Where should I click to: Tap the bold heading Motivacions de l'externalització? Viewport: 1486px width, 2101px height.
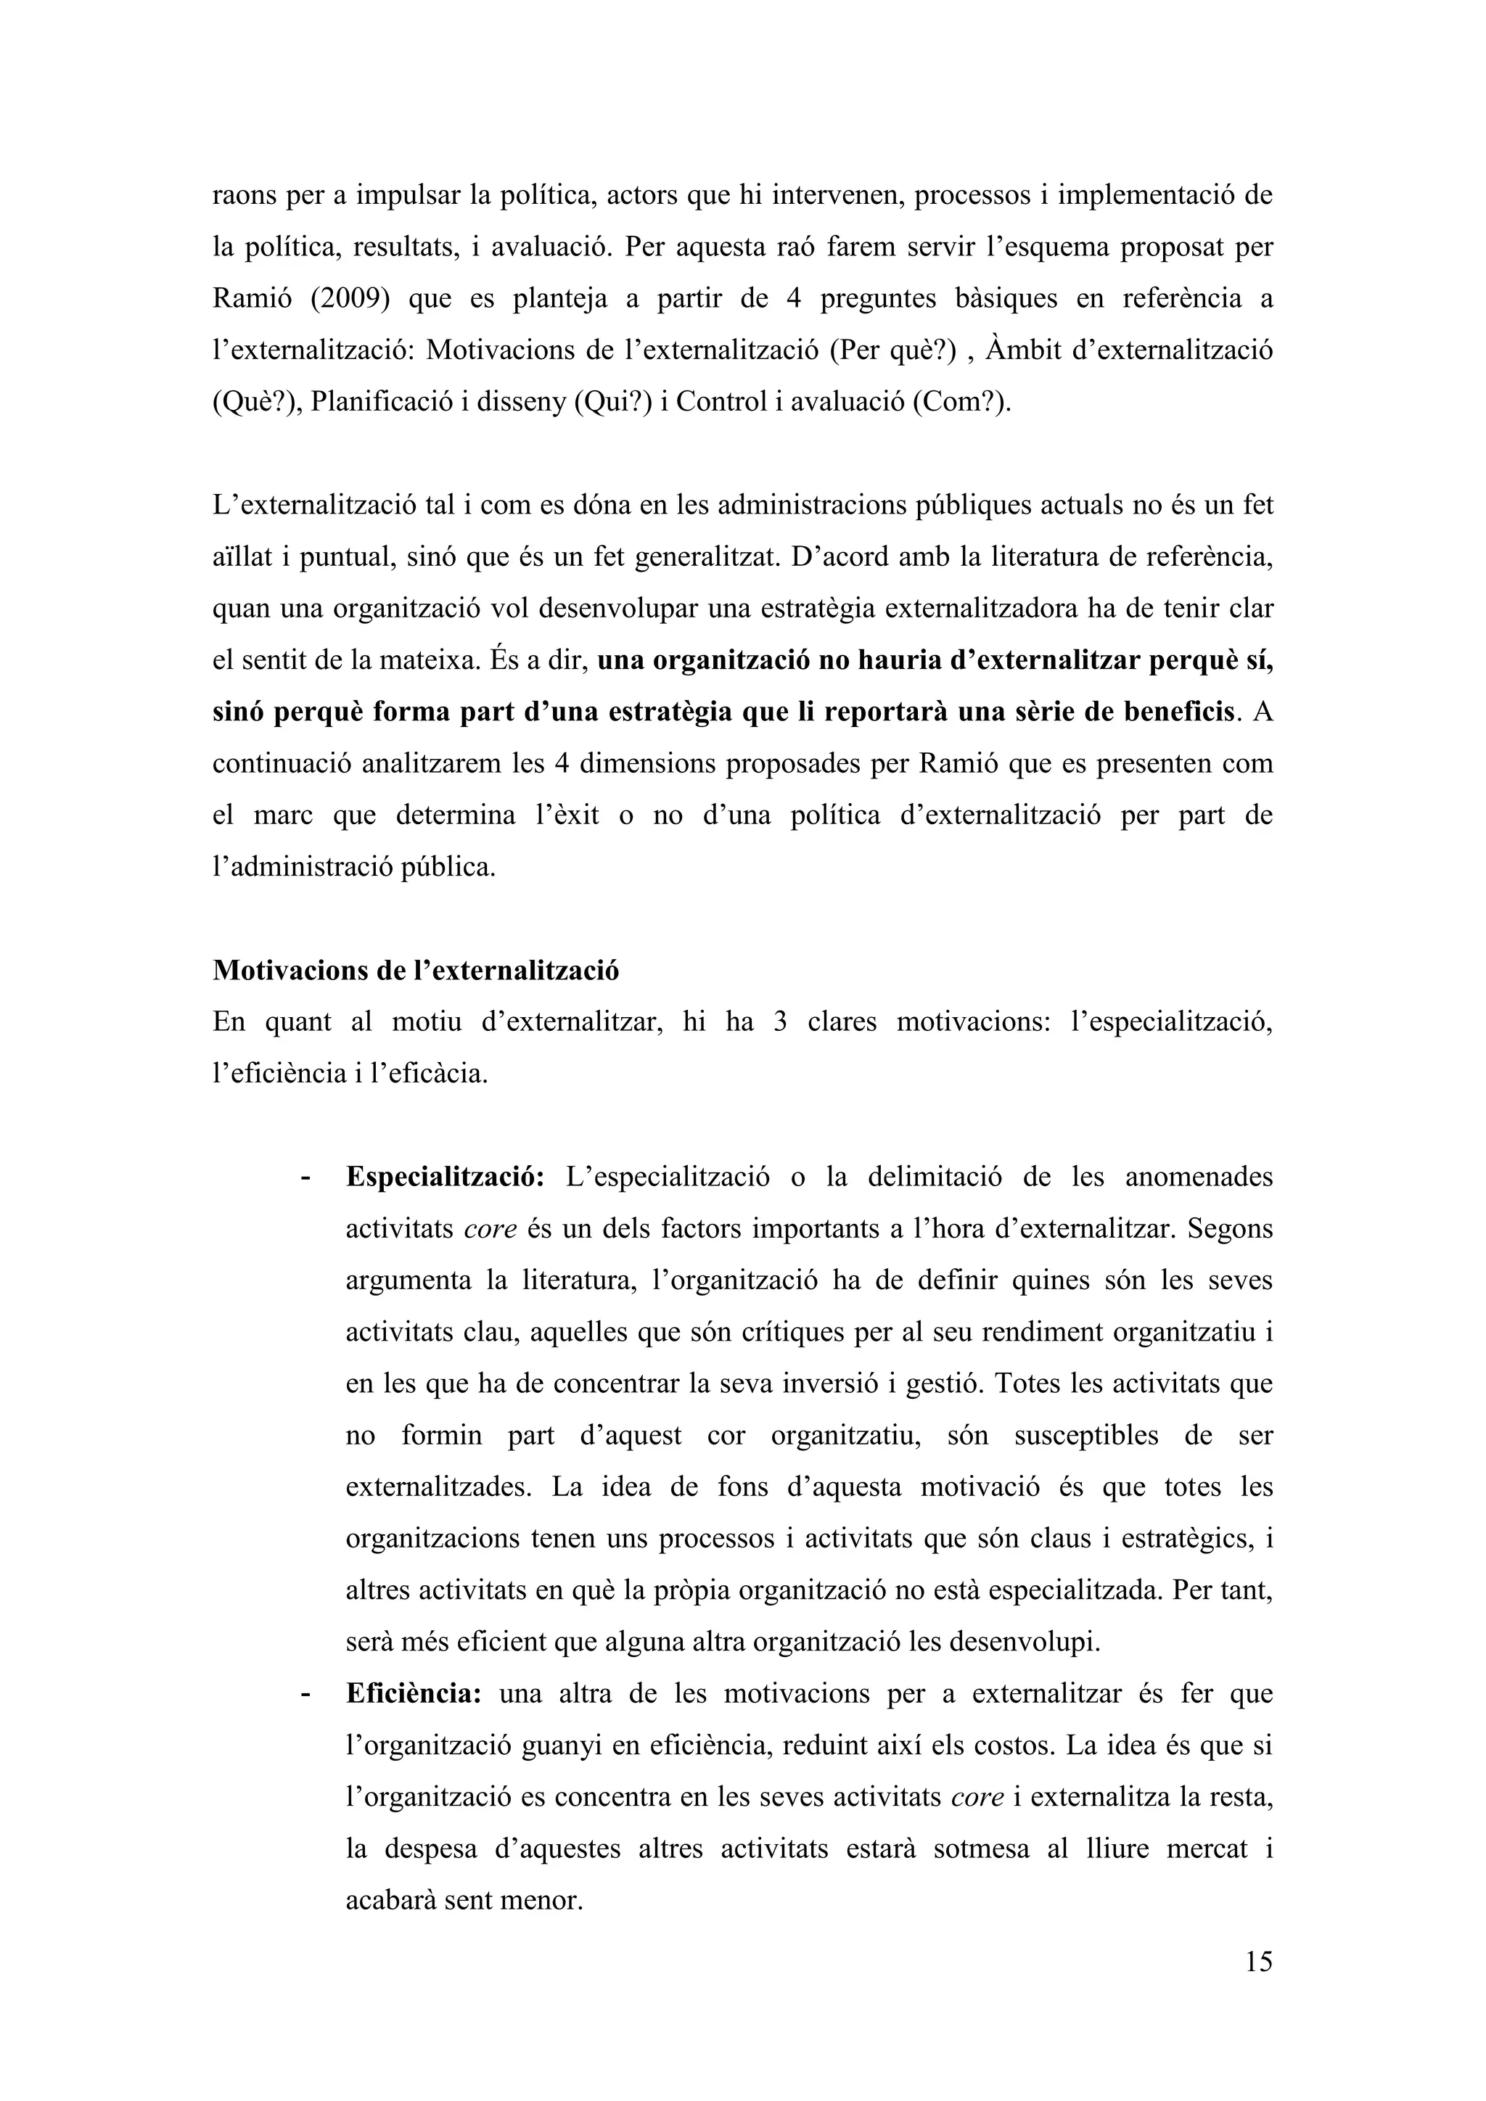[416, 970]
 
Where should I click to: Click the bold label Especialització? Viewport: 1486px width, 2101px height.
[445, 1177]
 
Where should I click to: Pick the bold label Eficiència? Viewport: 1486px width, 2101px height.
[413, 1694]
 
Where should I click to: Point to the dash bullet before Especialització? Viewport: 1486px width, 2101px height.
[305, 1177]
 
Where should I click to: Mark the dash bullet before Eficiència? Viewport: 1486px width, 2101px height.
[305, 1695]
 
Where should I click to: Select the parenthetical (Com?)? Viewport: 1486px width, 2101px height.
[963, 403]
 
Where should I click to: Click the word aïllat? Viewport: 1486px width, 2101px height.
[242, 557]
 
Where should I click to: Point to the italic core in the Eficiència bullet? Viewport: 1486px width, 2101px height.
[978, 1797]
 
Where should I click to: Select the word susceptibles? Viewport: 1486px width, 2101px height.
[1086, 1436]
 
